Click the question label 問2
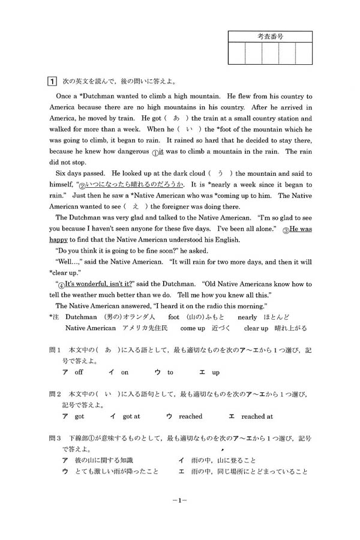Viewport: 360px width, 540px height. point(55,394)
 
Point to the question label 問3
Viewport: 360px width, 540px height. point(55,437)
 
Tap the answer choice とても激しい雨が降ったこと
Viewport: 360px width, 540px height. point(117,471)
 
